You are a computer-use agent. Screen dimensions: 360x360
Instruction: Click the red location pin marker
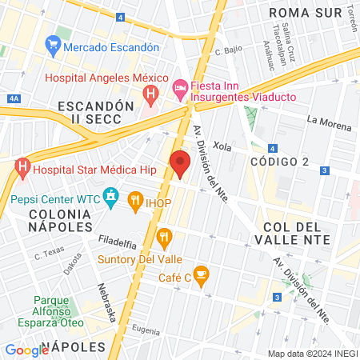coord(180,163)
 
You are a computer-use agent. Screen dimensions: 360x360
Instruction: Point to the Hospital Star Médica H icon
coord(22,169)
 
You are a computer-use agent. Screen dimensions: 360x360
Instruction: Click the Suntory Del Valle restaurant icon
coord(165,237)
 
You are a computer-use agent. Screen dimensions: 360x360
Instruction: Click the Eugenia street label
coord(146,329)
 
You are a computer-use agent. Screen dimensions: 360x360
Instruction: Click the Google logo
coord(26,350)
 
